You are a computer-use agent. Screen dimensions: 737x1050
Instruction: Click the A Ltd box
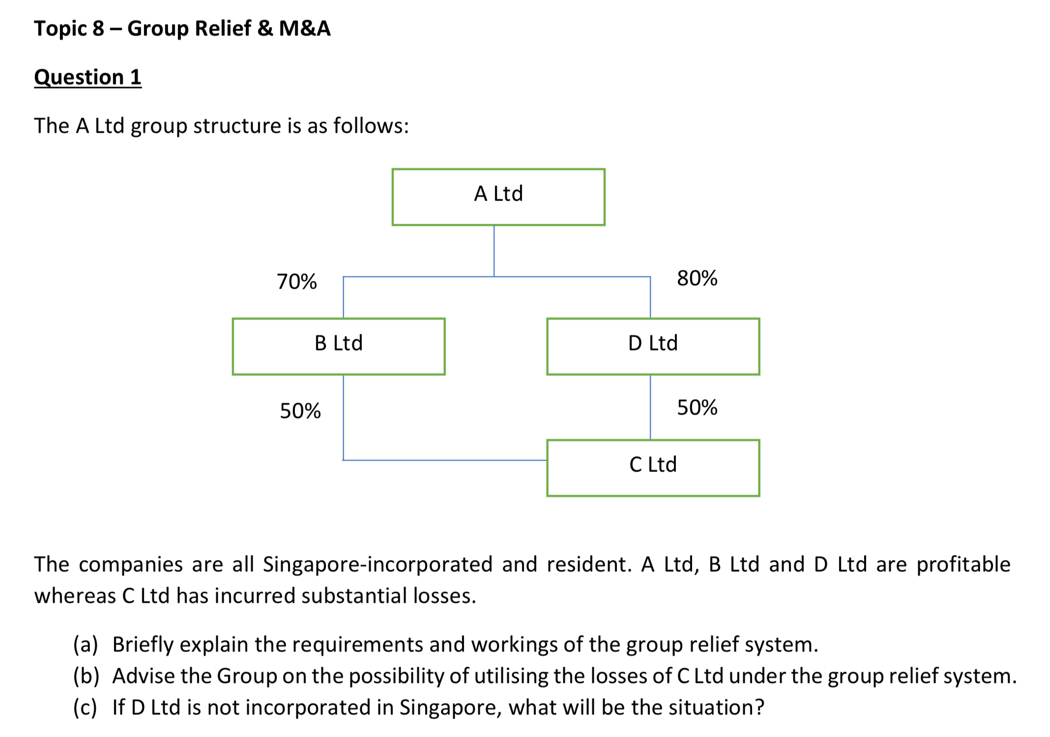coord(498,197)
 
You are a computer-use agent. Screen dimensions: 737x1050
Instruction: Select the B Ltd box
coord(338,346)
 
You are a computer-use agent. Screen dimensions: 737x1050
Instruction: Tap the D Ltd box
coord(653,346)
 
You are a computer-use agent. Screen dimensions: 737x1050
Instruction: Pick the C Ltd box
coord(653,468)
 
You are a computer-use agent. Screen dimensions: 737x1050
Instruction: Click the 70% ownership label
coord(296,282)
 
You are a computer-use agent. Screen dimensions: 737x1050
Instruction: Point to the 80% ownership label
coord(697,278)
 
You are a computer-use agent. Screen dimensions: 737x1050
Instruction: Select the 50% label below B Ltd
coord(300,411)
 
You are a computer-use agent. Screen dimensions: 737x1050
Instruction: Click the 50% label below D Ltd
coord(697,408)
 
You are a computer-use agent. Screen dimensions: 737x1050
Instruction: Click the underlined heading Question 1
coord(87,77)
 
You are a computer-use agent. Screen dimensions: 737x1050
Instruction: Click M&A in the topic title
coord(305,29)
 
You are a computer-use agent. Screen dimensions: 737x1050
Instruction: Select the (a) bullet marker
coord(86,645)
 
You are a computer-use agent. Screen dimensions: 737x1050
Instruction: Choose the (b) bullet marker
coord(86,676)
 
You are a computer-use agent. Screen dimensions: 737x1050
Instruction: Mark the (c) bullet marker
coord(85,708)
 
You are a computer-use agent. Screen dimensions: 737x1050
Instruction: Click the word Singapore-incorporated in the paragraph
coord(377,564)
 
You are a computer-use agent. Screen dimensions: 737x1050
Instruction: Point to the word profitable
coord(963,564)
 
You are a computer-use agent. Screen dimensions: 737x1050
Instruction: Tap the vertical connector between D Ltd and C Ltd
coord(650,407)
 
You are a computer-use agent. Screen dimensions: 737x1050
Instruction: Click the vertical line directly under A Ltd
coord(494,251)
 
